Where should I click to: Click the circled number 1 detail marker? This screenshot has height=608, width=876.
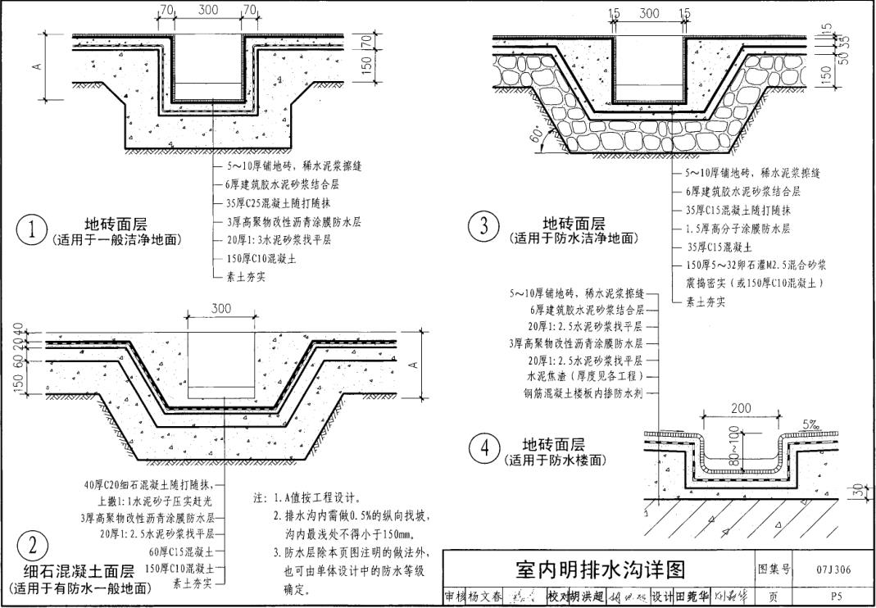tap(32, 230)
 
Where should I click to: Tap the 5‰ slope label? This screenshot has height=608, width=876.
tap(810, 424)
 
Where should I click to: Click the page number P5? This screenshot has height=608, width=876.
tap(836, 597)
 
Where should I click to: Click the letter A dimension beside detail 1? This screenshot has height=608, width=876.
tap(38, 66)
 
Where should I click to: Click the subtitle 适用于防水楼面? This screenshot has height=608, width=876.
tap(555, 461)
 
